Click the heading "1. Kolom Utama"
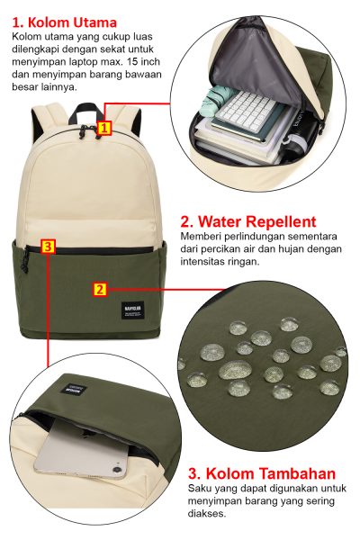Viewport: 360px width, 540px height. (65, 22)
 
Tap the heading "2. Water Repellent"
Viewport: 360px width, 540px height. (248, 221)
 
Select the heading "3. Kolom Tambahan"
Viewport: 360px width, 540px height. (262, 473)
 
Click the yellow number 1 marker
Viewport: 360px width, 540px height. (104, 128)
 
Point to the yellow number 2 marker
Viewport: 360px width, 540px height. (100, 289)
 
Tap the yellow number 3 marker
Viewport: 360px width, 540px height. (48, 247)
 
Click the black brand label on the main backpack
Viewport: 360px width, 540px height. (132, 311)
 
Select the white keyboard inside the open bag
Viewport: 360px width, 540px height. (248, 111)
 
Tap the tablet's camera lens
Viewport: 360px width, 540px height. (116, 469)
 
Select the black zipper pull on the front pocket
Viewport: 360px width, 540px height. (24, 261)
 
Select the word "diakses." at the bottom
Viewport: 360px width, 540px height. (207, 514)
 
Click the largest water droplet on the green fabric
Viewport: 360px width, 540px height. (235, 369)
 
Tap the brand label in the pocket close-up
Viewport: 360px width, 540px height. (76, 390)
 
